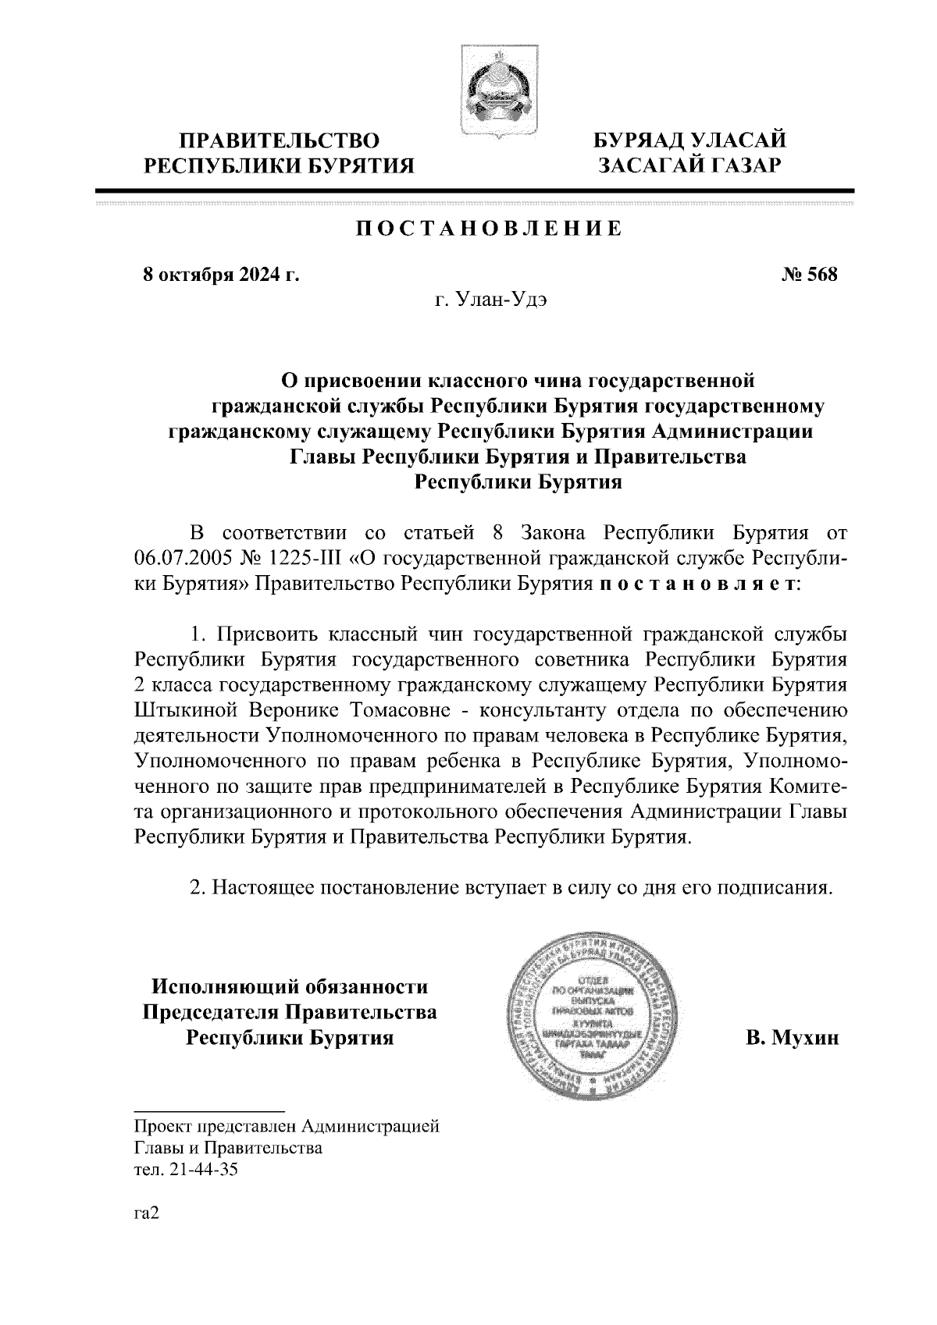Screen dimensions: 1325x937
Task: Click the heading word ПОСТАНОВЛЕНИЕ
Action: coord(490,229)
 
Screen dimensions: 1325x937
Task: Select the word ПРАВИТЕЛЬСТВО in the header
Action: coord(280,141)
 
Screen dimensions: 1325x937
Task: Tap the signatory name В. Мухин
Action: coord(791,1038)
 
